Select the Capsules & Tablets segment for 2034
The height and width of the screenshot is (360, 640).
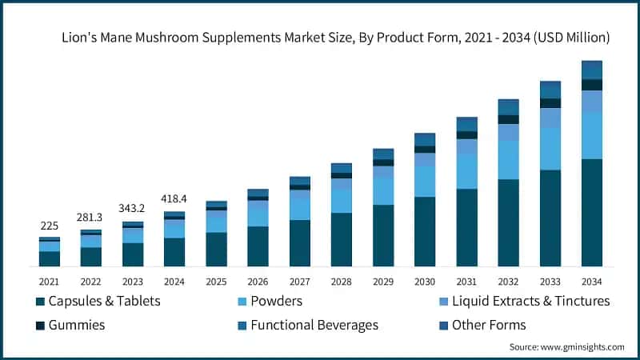[591, 212]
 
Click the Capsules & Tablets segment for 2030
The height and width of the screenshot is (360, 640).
[425, 231]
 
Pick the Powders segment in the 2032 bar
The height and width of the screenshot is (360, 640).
[508, 159]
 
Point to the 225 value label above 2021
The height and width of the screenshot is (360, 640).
[50, 226]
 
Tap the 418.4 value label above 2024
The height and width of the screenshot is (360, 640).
[174, 198]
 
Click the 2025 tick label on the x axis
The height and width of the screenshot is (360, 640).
[216, 282]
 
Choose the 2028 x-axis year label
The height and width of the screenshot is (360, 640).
[342, 282]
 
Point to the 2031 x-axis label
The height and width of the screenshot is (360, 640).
[466, 282]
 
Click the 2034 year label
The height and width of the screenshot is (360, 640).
[591, 282]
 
